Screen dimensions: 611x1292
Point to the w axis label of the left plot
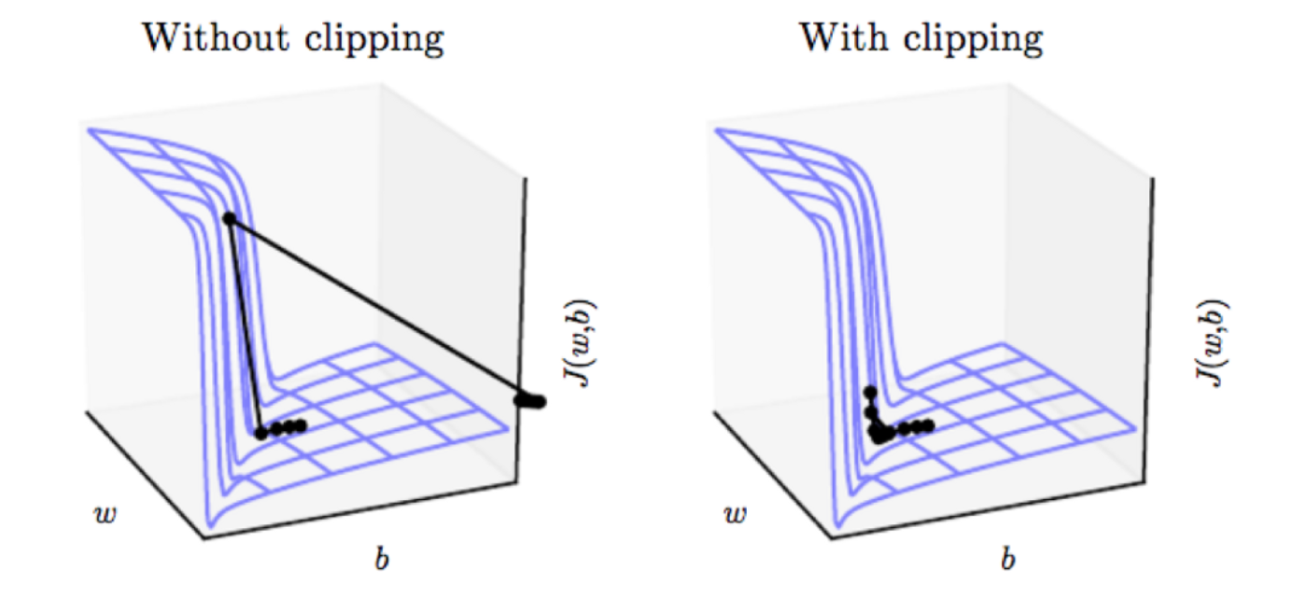pos(106,515)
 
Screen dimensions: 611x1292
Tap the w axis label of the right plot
pos(735,515)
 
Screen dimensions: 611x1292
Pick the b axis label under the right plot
pos(1007,560)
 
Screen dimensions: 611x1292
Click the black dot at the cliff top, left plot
pos(229,218)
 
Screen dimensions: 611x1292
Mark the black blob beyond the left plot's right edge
pos(532,401)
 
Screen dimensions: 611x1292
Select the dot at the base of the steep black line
pos(261,433)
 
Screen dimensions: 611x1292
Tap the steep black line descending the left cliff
pos(245,326)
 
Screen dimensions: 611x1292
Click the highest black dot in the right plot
pos(870,392)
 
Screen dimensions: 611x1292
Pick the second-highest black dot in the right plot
pos(871,411)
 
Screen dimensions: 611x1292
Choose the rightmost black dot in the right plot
pos(928,426)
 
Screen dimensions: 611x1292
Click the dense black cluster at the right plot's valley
pos(879,434)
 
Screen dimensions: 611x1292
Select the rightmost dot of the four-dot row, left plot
pos(301,426)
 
